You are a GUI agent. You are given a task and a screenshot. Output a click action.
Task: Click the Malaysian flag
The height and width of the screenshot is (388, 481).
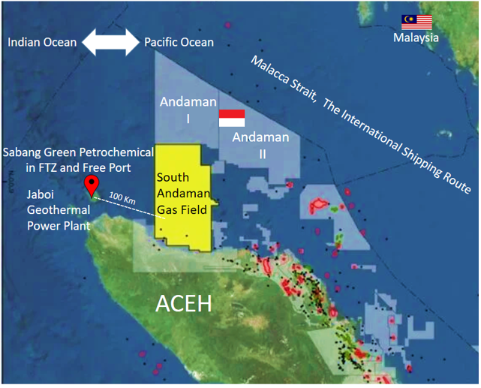417,22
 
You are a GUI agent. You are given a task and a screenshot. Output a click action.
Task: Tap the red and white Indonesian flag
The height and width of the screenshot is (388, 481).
231,119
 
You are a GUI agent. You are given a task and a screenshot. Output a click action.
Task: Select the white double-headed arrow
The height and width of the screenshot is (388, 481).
110,42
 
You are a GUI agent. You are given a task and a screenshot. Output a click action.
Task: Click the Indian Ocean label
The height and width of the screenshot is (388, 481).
42,43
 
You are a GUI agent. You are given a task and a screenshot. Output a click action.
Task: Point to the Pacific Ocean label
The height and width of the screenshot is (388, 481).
179,43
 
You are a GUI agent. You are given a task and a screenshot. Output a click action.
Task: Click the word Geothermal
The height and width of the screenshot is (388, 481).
55,209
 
